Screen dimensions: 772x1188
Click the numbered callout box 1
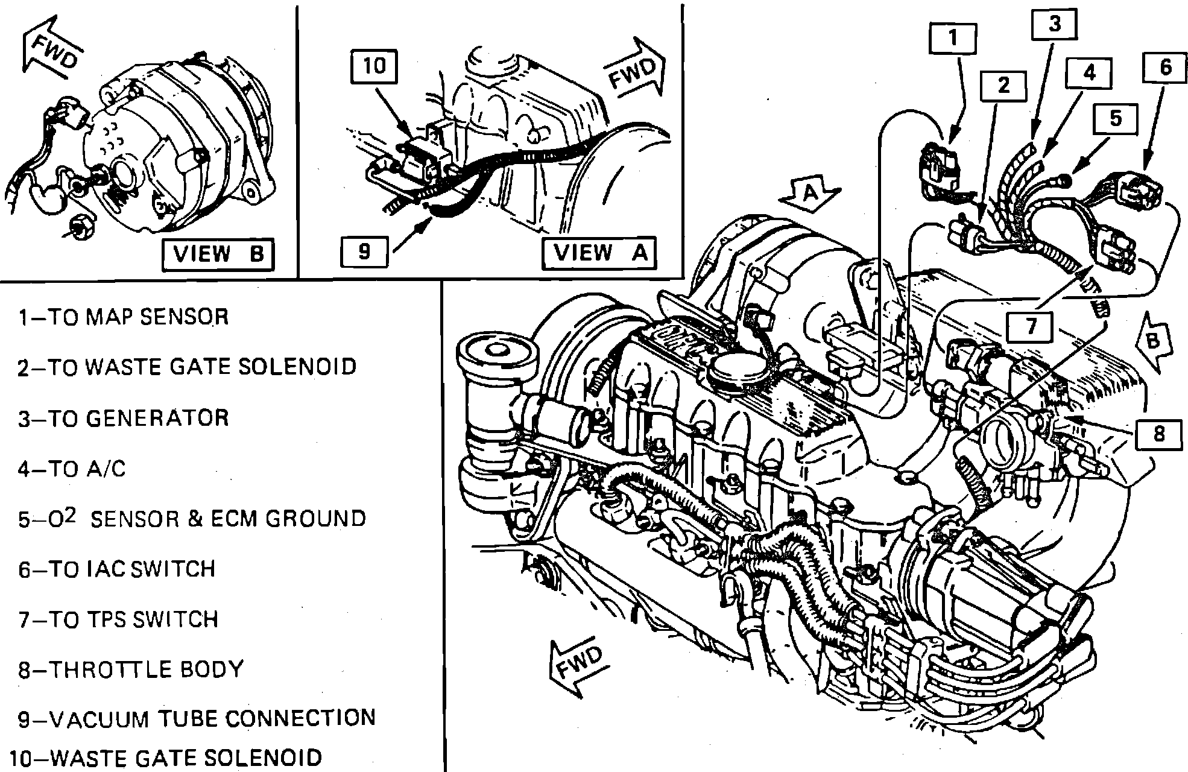point(953,39)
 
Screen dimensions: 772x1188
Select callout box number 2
point(1003,86)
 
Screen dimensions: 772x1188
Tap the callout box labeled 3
point(1054,25)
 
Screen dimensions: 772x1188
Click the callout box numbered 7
point(1031,326)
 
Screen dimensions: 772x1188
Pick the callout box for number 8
point(1158,434)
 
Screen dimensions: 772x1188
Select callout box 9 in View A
point(364,252)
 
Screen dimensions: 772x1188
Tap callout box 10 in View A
point(374,65)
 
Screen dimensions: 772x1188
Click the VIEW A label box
point(599,253)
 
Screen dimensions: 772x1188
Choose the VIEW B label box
point(218,255)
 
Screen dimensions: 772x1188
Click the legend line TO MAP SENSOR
point(124,317)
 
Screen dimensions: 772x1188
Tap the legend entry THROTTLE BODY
point(130,669)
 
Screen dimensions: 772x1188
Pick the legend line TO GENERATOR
point(124,418)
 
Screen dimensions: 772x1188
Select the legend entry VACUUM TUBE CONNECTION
point(197,719)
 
